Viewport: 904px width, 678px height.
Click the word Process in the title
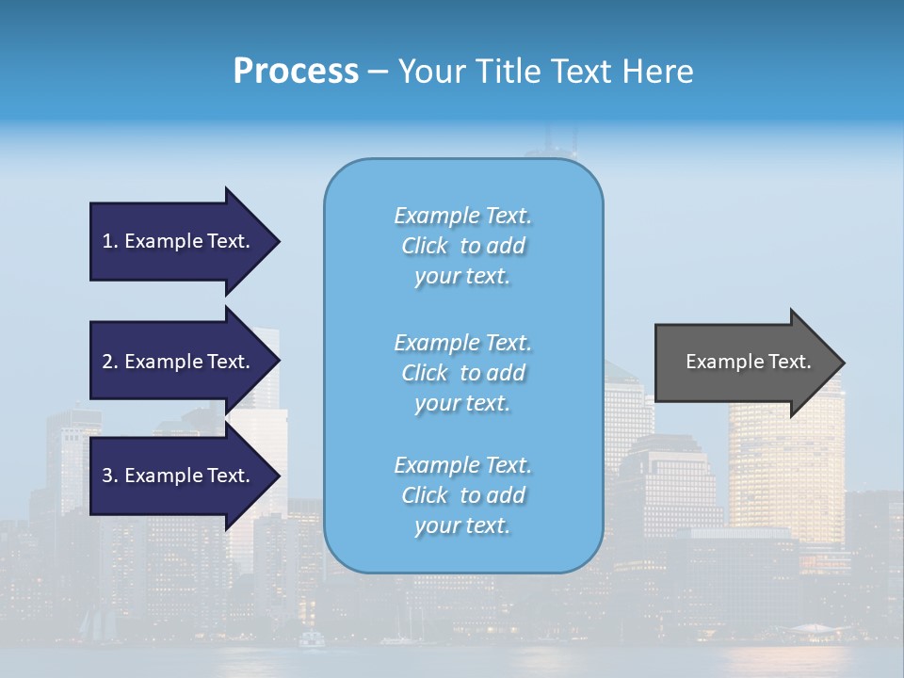coord(296,72)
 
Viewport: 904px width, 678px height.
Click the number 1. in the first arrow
coord(110,241)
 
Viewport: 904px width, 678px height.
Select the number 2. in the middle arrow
coord(110,362)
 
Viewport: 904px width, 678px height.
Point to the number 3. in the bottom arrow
coord(110,476)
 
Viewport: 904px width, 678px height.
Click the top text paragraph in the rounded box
coord(462,246)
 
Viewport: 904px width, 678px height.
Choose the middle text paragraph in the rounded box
coord(462,373)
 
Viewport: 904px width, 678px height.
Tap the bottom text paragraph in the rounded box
coord(462,495)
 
